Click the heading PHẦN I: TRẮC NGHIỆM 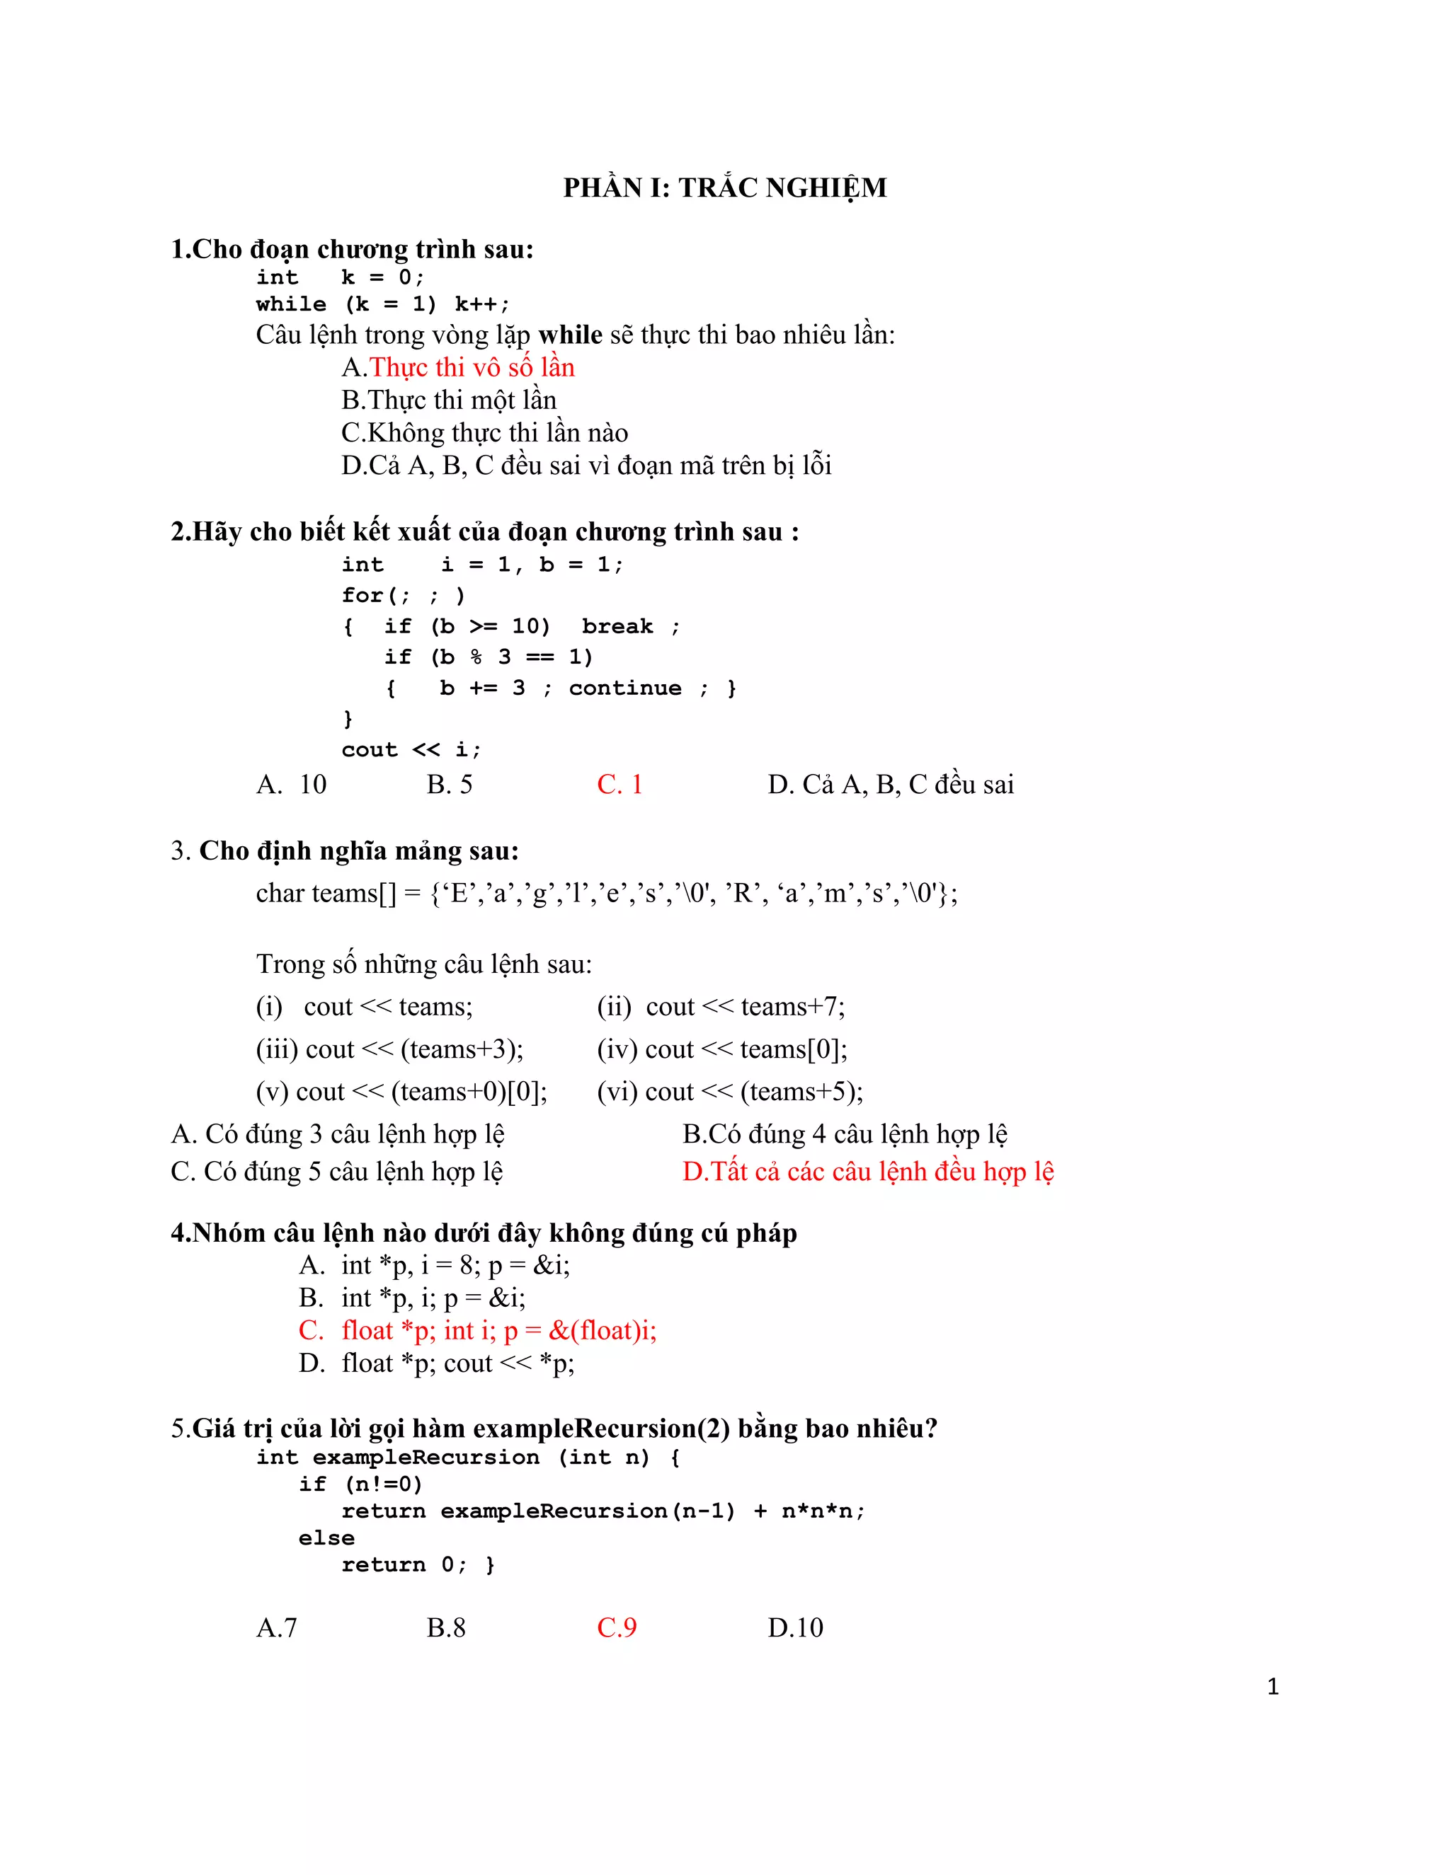coord(724,188)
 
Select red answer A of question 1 coord(458,367)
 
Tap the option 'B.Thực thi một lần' coord(448,400)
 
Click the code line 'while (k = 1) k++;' coord(382,305)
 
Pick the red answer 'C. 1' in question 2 coord(620,785)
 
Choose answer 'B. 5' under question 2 coord(450,785)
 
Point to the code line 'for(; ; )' coord(403,596)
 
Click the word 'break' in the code coord(617,627)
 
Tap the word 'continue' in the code coord(624,688)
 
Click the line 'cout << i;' coord(411,750)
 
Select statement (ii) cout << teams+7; coord(721,1007)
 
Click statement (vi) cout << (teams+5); coord(730,1092)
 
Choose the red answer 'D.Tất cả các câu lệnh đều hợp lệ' coord(867,1172)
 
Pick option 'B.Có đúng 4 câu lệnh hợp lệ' coord(845,1135)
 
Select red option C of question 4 coord(478,1331)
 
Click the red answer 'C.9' coord(617,1628)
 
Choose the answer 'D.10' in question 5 coord(795,1628)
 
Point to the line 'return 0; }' coord(418,1565)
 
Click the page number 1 coord(1273,1687)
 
